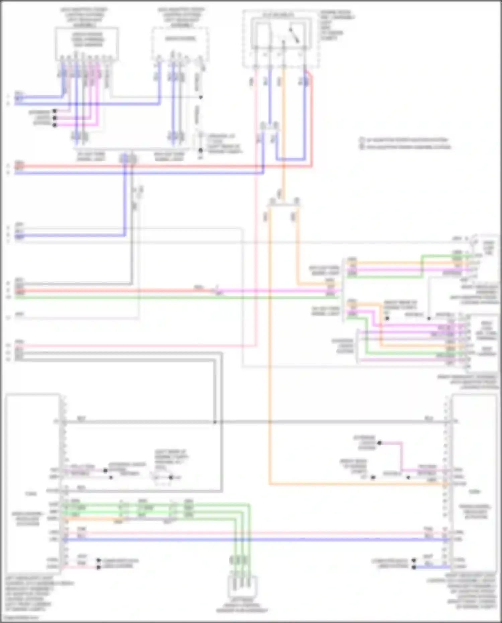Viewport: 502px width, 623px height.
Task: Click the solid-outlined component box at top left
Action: tap(87, 44)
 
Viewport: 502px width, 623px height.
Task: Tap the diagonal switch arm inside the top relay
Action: tap(295, 35)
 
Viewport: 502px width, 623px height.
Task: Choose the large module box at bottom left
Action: tap(32, 482)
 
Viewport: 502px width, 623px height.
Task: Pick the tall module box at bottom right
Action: tap(474, 482)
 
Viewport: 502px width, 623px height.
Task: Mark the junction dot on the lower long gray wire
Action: tap(215, 422)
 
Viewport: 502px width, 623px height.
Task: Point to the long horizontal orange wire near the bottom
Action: tap(351, 484)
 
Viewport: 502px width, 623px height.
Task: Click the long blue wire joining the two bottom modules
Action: tap(254, 540)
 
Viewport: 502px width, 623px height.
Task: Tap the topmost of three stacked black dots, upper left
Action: tap(55, 111)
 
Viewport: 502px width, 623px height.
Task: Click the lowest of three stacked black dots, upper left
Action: tap(55, 125)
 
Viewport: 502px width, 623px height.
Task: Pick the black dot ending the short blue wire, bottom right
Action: tap(414, 567)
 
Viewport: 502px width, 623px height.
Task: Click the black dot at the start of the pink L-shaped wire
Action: tap(379, 443)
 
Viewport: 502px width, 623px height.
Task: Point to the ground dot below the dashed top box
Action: tap(200, 150)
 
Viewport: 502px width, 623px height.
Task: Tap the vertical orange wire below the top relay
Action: tap(283, 134)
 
